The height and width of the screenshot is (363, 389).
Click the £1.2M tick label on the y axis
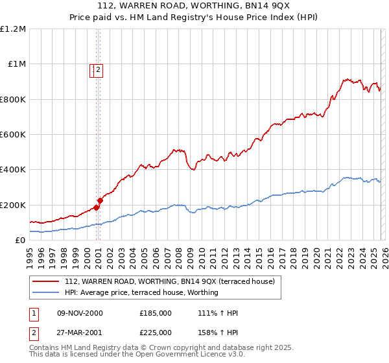(x=13, y=29)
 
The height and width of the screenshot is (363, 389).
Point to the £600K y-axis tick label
(x=13, y=135)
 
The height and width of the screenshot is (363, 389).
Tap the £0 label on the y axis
(x=19, y=240)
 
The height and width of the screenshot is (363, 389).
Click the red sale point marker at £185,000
(x=96, y=207)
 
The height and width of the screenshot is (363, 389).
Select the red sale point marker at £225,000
(x=100, y=200)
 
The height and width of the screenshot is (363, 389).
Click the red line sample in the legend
(x=46, y=281)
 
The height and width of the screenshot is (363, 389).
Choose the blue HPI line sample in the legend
(x=46, y=292)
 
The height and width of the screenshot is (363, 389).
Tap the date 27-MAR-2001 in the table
(x=79, y=333)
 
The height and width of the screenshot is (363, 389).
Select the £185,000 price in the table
(x=156, y=313)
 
